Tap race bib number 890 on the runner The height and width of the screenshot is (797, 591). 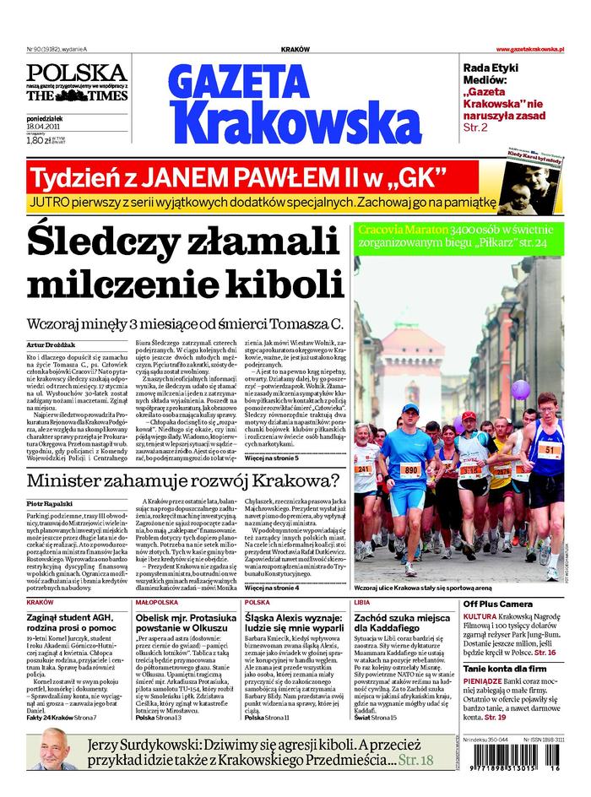[x=410, y=470]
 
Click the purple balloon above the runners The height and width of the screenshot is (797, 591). [x=520, y=389]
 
